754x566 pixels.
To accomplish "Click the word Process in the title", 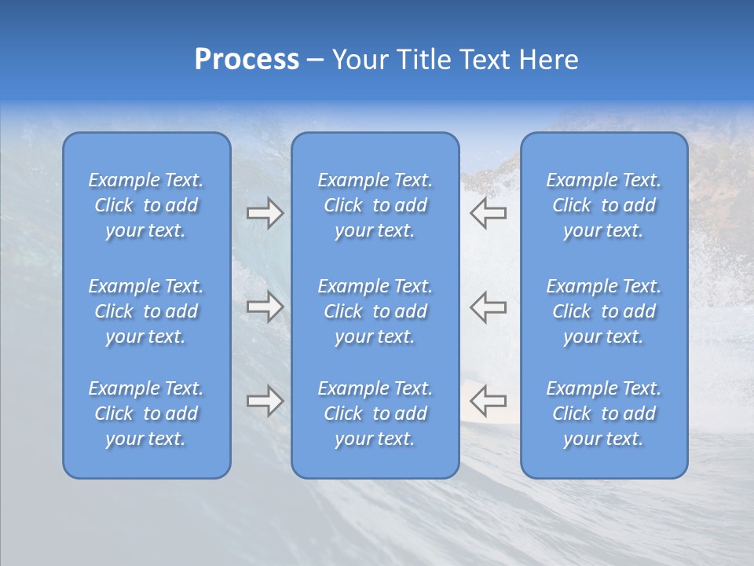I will [247, 60].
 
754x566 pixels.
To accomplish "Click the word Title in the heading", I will [423, 60].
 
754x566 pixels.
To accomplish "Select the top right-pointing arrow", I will [265, 213].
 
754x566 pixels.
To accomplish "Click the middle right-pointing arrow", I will [265, 307].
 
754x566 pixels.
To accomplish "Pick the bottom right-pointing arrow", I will [265, 401].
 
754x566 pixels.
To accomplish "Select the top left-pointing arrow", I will [489, 213].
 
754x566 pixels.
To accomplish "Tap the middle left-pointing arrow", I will [489, 307].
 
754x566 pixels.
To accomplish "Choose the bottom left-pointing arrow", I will [489, 401].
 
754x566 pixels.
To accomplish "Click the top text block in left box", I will [146, 205].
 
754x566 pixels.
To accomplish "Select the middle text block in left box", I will [146, 311].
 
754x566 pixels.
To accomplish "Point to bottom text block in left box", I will [146, 413].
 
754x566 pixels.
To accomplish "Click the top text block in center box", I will [375, 205].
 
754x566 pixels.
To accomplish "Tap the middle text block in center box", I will [375, 311].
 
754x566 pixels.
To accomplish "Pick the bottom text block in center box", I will [375, 413].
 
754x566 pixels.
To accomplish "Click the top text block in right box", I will [603, 205].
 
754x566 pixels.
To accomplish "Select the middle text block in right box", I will [603, 311].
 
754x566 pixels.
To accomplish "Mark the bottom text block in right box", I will [603, 413].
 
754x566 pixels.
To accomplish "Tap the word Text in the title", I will [485, 60].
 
